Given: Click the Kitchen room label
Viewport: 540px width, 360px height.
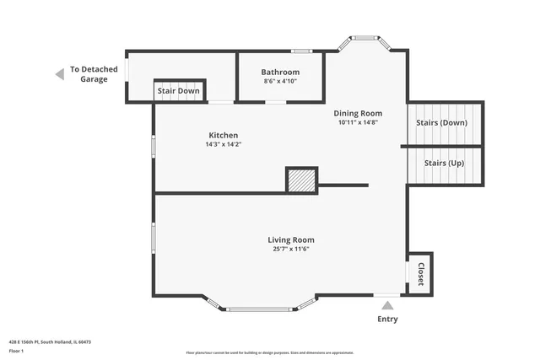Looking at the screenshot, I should point(224,135).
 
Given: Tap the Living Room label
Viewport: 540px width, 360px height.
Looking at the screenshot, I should point(291,240).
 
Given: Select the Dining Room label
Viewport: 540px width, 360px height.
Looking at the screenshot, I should point(358,113).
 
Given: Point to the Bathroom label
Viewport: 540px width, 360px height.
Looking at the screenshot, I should point(280,73).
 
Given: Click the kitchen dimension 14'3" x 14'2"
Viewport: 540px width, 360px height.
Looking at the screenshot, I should point(224,144).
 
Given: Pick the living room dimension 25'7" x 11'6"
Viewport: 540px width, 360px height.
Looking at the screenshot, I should point(291,250).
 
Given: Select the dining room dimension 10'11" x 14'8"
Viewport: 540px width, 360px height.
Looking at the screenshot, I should point(358,122).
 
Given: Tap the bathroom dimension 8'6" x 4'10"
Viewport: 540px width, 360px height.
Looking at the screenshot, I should point(280,82).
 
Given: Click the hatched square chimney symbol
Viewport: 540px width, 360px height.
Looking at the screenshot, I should point(301,180).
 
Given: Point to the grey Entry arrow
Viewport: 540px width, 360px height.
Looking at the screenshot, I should point(387,305).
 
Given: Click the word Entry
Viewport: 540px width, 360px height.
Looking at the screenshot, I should point(387,320).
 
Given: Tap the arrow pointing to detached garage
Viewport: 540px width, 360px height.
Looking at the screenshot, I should point(59,74).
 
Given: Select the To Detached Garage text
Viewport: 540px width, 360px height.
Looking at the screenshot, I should point(94,74).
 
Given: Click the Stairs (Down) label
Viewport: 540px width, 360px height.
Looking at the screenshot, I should point(441,123).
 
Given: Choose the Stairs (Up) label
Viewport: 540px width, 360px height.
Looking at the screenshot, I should point(444,163).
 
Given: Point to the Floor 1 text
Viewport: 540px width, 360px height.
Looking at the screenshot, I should point(16,351).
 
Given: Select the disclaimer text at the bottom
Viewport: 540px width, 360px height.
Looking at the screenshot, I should point(269,352).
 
